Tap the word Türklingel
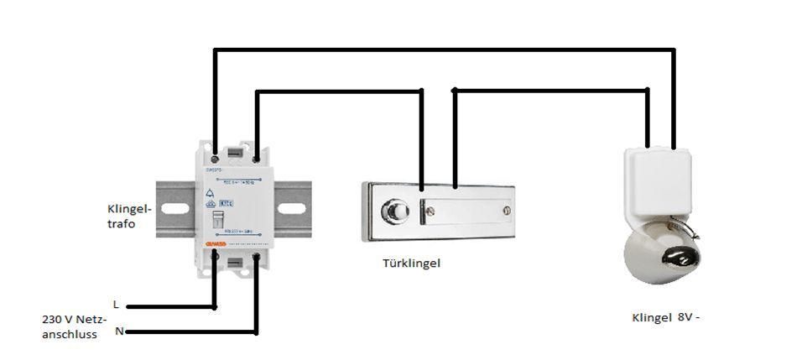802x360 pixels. [410, 263]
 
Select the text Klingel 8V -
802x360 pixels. [664, 318]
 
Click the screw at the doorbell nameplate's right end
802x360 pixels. [505, 210]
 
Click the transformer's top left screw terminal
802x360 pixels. [216, 157]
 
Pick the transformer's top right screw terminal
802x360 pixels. [255, 157]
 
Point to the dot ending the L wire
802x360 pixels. [128, 307]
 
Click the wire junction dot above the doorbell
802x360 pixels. [455, 89]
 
